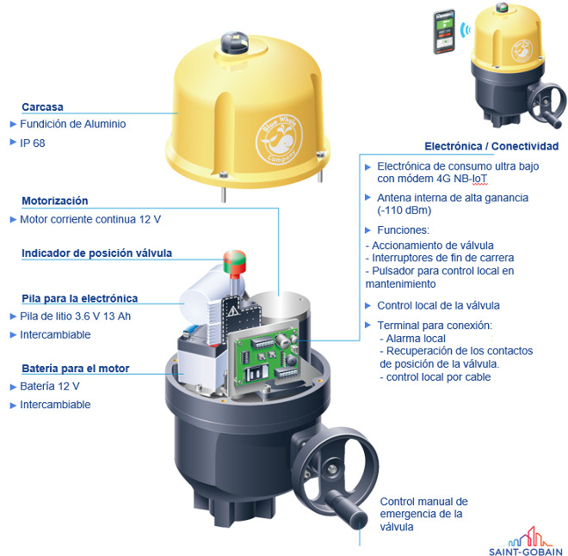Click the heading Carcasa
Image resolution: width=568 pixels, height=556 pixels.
(x=42, y=107)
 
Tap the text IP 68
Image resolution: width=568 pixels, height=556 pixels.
(x=33, y=144)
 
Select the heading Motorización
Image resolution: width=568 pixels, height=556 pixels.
(x=55, y=201)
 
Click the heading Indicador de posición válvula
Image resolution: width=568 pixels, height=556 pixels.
(x=96, y=254)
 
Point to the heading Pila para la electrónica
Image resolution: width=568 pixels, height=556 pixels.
(x=80, y=298)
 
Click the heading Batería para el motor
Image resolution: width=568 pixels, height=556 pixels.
(x=76, y=369)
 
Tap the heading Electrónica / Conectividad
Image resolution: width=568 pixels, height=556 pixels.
(x=491, y=146)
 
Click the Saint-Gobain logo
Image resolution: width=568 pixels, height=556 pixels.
(x=526, y=541)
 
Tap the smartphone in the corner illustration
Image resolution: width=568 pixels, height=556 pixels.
(x=444, y=32)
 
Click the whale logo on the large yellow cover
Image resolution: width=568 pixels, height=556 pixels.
(x=279, y=140)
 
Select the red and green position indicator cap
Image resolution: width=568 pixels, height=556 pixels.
(x=235, y=261)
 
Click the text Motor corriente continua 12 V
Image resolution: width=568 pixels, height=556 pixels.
(x=90, y=219)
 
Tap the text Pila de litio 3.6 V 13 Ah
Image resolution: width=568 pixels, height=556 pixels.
(x=76, y=316)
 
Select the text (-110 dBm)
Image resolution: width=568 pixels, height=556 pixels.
(x=404, y=211)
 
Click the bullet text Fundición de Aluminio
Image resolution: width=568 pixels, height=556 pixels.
(x=73, y=124)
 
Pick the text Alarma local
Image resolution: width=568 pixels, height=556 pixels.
(x=416, y=339)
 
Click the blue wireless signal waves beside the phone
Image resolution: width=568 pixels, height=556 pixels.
(x=465, y=30)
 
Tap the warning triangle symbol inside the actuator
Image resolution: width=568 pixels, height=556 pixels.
(x=232, y=310)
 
